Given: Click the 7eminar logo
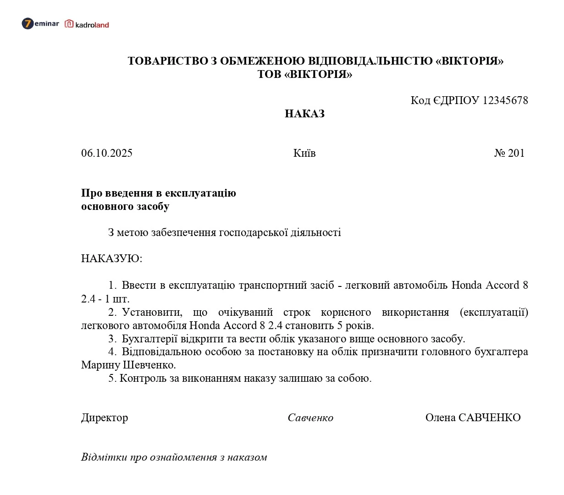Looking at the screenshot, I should pyautogui.click(x=40, y=24).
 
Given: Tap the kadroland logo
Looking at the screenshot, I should pyautogui.click(x=87, y=24).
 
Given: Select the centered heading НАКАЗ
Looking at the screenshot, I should pyautogui.click(x=304, y=114).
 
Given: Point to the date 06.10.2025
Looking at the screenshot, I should pyautogui.click(x=107, y=153).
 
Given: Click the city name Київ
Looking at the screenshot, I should pyautogui.click(x=304, y=153).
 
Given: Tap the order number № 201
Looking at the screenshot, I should pyautogui.click(x=509, y=153).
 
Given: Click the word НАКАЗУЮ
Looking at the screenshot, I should pyautogui.click(x=111, y=258).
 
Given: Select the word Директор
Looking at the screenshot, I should pyautogui.click(x=105, y=418).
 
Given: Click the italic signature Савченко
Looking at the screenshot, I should pyautogui.click(x=310, y=418).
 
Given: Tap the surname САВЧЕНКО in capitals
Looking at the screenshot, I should pyautogui.click(x=490, y=418).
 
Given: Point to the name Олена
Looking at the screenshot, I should pyautogui.click(x=440, y=418).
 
